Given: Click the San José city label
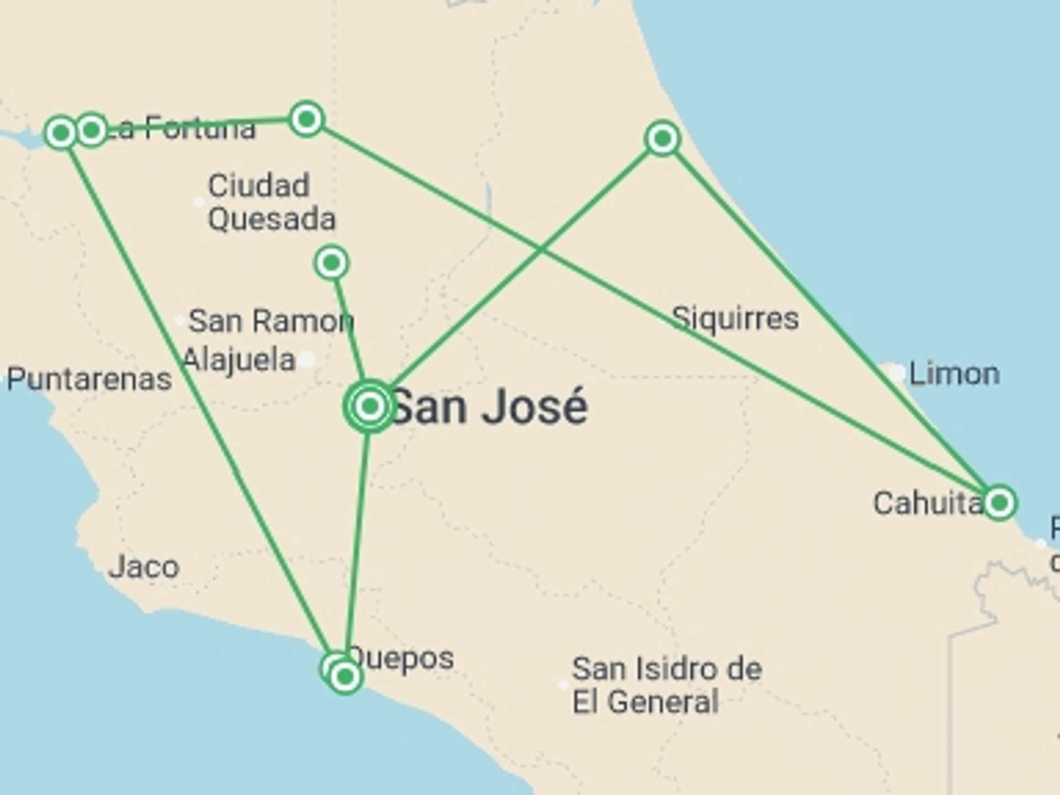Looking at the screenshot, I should (489, 407).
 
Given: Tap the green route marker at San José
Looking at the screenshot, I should (370, 406).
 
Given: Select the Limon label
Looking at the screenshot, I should (954, 374).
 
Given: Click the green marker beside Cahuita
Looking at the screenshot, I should (999, 503).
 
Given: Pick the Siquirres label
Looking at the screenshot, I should (735, 319).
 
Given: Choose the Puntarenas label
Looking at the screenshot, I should (89, 379).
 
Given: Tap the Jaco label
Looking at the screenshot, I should (144, 567).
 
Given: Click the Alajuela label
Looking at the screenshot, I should (239, 360).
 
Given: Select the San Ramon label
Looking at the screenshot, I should (271, 321).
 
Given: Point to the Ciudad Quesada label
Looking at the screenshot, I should (271, 202).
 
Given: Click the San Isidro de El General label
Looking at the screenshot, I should (666, 685).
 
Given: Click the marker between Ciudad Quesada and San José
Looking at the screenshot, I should (331, 263).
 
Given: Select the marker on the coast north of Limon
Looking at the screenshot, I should (662, 138).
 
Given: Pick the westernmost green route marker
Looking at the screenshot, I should (61, 132).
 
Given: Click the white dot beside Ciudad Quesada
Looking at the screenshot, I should (199, 202).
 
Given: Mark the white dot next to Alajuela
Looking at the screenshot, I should (308, 359).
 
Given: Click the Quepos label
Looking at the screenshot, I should (401, 658).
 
